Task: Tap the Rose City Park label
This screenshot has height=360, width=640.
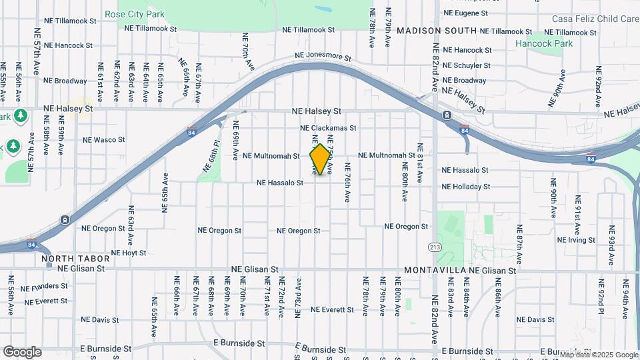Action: (x=134, y=14)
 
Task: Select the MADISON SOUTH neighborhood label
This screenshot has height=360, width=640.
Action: (x=437, y=31)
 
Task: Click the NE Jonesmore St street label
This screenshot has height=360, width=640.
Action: (x=323, y=58)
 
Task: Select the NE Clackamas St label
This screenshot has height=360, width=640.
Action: (x=328, y=128)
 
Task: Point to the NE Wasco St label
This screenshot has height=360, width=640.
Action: (x=103, y=140)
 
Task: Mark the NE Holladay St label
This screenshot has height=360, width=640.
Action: (x=466, y=187)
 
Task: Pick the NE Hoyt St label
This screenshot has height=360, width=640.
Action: (x=129, y=253)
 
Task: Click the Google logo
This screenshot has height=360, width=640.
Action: (x=21, y=352)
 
